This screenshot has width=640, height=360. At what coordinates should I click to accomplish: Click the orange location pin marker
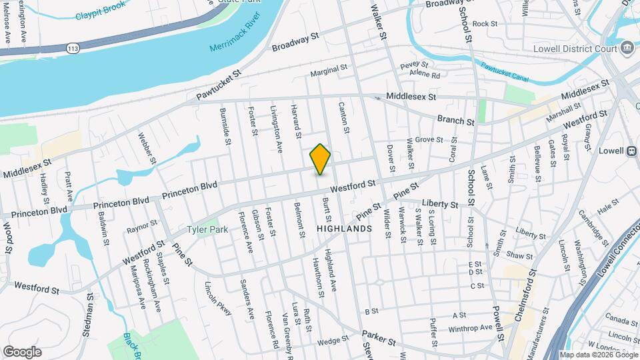click(321, 159)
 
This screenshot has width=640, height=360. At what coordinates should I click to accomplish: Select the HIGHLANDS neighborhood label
click(344, 228)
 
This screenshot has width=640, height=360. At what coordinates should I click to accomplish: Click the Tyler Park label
click(207, 229)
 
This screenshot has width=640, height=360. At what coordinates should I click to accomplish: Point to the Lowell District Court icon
click(627, 48)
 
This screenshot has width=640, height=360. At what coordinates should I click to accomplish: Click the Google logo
click(22, 351)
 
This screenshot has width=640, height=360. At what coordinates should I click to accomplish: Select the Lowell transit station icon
click(631, 150)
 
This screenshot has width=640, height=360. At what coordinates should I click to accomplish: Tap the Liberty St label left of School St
click(439, 204)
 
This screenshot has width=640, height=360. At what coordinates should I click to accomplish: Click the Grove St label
click(429, 139)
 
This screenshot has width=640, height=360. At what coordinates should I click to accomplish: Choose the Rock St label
click(485, 23)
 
